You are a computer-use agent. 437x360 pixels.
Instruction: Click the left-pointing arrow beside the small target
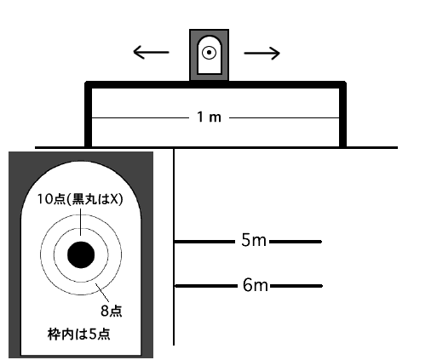[151, 53]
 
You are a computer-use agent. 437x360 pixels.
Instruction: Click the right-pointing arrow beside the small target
[262, 53]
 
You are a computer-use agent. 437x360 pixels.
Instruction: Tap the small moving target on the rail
[209, 54]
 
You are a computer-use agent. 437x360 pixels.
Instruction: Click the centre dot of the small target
[209, 53]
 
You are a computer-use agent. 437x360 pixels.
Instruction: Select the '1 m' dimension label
[209, 117]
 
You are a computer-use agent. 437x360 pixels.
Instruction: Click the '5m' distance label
[254, 240]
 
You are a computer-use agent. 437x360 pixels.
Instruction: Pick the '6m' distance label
[255, 285]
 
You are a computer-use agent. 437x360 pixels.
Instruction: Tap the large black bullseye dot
[81, 254]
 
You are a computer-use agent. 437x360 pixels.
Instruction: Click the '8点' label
[112, 311]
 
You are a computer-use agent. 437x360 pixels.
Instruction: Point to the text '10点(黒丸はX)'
[80, 199]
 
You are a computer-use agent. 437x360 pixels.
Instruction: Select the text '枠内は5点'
[79, 334]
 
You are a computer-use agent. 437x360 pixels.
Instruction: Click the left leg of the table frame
[89, 114]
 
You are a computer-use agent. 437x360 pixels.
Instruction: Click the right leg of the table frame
[342, 114]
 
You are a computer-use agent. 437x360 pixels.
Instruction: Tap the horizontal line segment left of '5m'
[204, 242]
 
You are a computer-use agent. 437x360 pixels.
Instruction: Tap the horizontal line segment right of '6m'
[296, 286]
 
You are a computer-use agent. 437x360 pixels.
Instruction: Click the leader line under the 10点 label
[81, 222]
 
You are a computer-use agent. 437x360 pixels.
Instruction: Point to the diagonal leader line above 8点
[102, 293]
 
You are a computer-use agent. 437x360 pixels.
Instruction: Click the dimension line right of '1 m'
[284, 117]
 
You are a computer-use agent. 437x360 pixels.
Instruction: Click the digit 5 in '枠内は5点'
[93, 334]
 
